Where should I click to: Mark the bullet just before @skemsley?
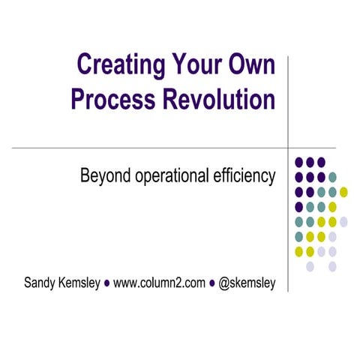pos(213,284)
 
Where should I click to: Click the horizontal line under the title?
pos(150,148)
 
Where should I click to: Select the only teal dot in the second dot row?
pos(332,177)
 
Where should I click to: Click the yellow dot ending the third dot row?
pos(343,192)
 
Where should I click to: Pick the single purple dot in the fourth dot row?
pos(299,207)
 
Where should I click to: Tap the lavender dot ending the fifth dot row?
pos(343,222)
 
